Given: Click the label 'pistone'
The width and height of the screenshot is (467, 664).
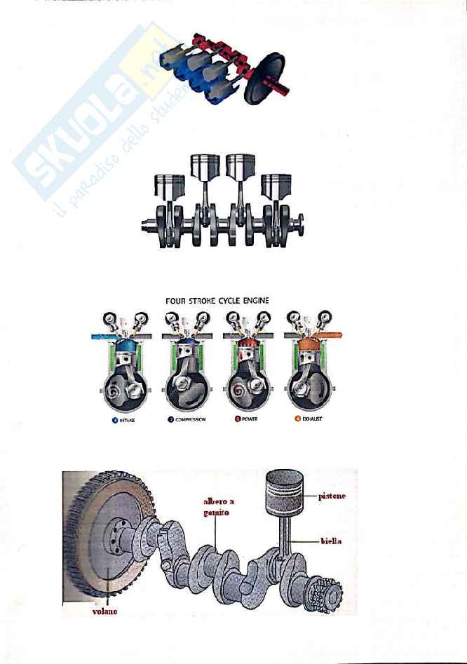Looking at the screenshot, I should click(x=332, y=496).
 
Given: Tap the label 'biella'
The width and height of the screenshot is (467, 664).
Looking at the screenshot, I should click(x=331, y=543).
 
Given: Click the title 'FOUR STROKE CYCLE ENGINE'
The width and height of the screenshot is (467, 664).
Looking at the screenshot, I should click(x=217, y=301).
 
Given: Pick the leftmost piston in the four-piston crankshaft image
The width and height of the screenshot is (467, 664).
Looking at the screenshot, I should click(x=168, y=187).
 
